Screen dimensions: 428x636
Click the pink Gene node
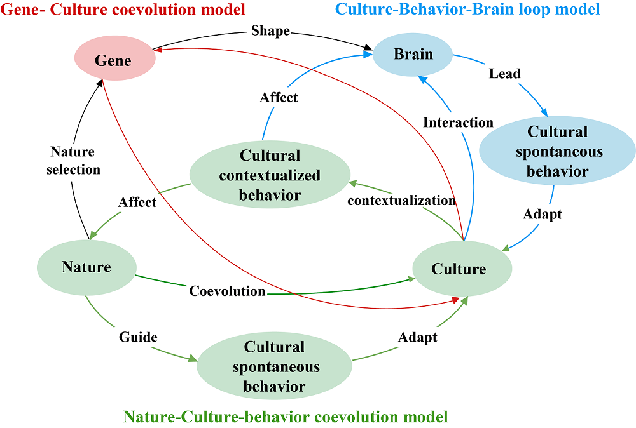click(x=113, y=61)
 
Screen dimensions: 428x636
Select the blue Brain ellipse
click(x=413, y=55)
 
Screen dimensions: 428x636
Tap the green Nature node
click(x=86, y=267)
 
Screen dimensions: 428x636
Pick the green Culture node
click(x=459, y=269)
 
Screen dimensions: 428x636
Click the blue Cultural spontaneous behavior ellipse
click(x=557, y=152)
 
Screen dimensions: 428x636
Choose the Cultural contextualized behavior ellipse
click(x=270, y=175)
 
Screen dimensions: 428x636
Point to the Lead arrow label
click(x=504, y=74)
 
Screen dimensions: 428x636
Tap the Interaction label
click(x=458, y=123)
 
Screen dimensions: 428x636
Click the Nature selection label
click(x=73, y=161)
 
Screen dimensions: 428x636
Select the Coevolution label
click(x=227, y=291)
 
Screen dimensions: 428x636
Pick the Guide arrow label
click(x=137, y=337)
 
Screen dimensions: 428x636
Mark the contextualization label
click(x=401, y=201)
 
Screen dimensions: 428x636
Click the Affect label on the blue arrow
click(x=279, y=98)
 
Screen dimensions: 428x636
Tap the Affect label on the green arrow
click(x=137, y=202)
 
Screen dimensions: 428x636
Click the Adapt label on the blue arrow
click(x=543, y=214)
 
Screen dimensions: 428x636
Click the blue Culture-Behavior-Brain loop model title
click(x=467, y=9)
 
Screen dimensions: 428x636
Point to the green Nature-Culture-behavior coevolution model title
click(x=286, y=417)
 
